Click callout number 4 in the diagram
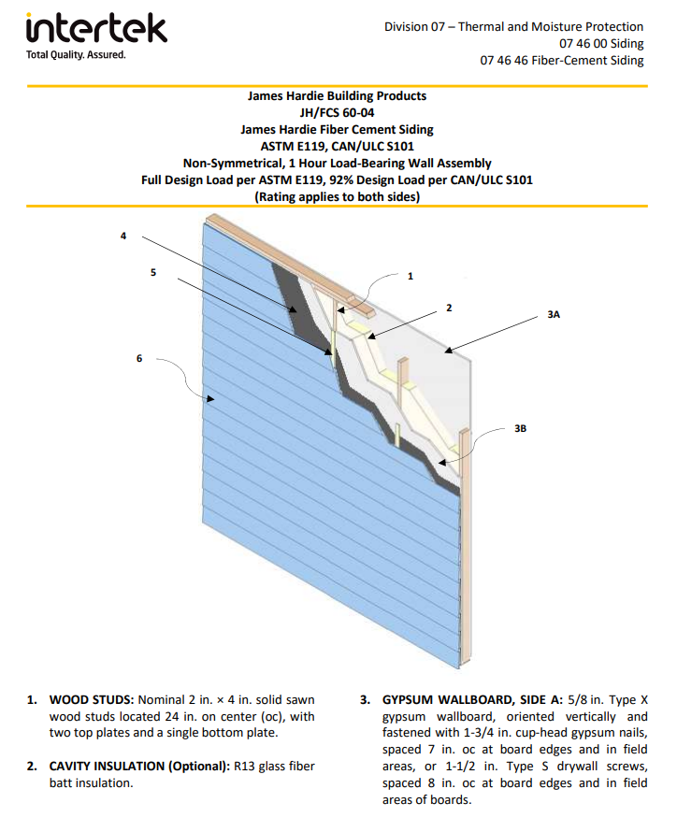122,237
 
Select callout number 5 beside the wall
153,273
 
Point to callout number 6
139,358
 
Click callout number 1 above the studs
410,276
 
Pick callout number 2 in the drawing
449,308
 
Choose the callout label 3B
521,428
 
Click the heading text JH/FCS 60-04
337,112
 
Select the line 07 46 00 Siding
601,44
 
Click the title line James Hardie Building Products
337,95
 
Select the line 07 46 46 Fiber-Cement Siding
562,61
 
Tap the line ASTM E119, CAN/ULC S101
337,146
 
